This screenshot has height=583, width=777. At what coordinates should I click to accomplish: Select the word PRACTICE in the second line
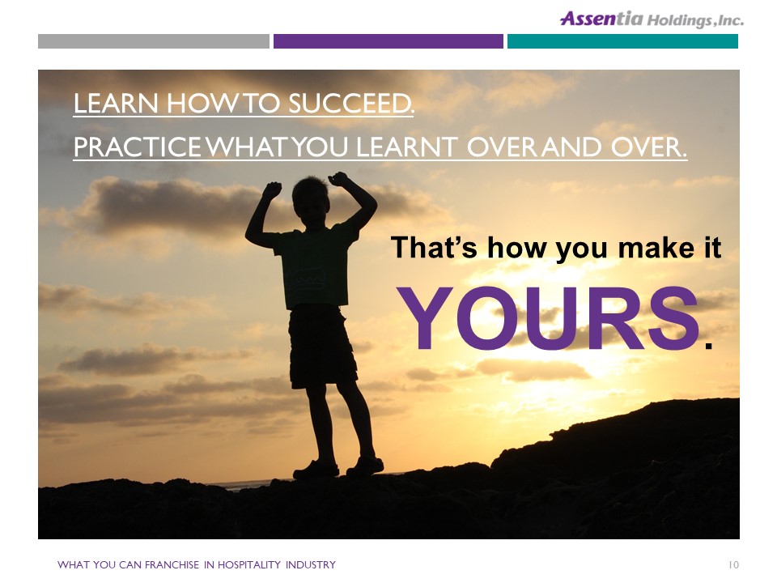(138, 147)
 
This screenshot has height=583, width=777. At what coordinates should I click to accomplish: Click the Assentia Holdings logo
(652, 19)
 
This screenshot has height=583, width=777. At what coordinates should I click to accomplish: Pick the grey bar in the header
(154, 41)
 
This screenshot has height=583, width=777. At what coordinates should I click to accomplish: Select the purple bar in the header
(388, 41)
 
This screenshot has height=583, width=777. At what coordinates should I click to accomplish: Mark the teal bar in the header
(622, 41)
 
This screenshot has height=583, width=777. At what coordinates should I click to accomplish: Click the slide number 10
(733, 564)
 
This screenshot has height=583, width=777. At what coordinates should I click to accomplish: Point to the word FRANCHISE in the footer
(172, 564)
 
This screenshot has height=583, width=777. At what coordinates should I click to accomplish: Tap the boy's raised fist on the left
(272, 189)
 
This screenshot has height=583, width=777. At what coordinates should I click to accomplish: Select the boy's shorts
(322, 347)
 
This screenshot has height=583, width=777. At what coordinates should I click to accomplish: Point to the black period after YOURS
(708, 346)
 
